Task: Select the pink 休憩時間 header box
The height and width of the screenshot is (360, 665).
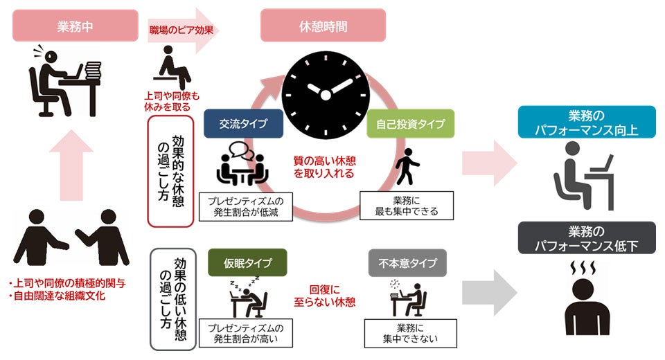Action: (323, 26)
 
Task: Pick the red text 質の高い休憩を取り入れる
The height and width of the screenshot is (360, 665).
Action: (323, 167)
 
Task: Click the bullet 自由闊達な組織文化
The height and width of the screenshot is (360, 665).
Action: (62, 297)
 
